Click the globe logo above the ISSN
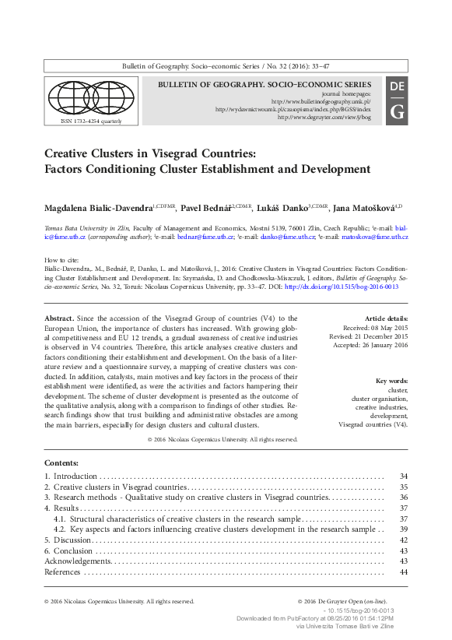click(x=91, y=97)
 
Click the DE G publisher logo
click(x=396, y=99)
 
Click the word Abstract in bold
click(x=59, y=319)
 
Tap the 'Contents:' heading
click(x=61, y=462)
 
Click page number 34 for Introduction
click(x=403, y=476)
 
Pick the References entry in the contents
click(x=62, y=572)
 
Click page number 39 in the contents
click(x=403, y=529)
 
